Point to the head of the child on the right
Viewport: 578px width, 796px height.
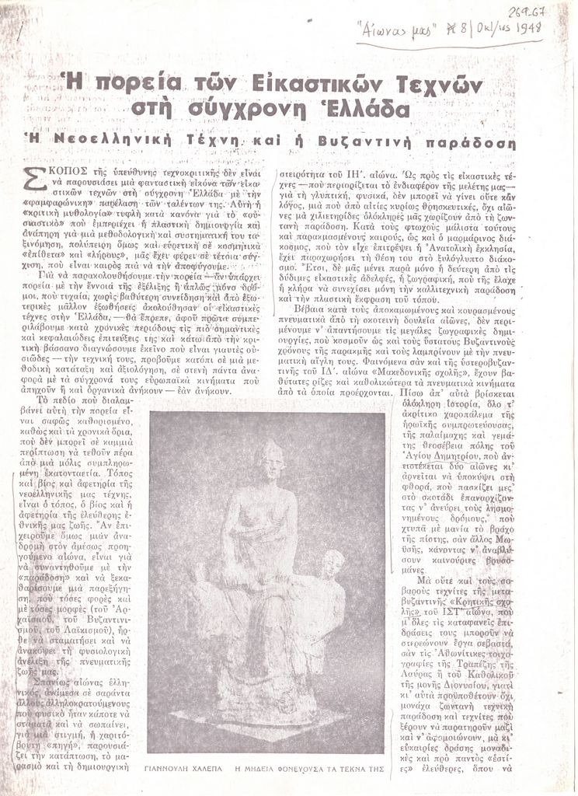coord(333,563)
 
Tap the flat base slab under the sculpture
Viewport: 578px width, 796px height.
coord(264,719)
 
